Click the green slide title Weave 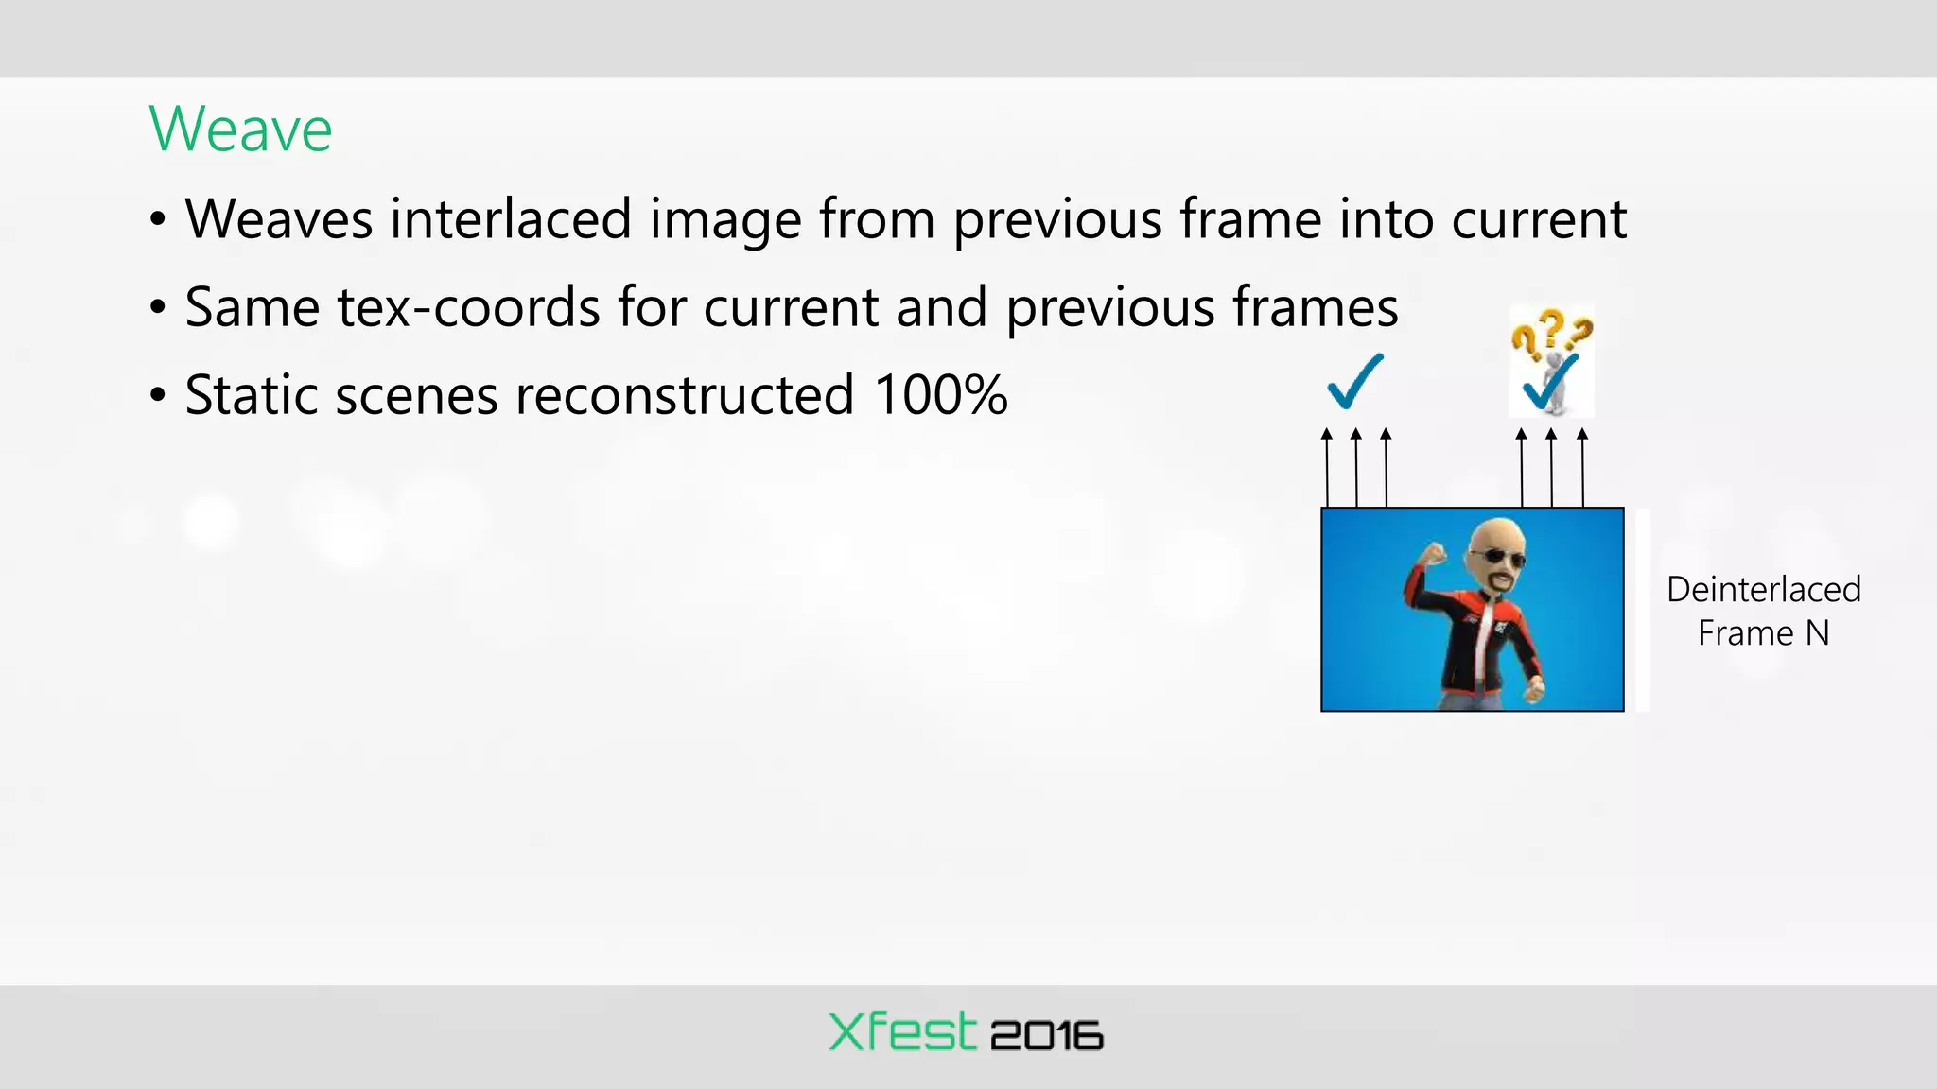(240, 130)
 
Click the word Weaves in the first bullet (279, 218)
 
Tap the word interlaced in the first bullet (511, 218)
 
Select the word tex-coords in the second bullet (468, 307)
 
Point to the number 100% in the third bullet (940, 394)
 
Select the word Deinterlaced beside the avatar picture (1763, 589)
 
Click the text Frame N (1763, 632)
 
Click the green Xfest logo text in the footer (901, 1032)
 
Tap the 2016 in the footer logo (1046, 1036)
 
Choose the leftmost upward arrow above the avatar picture (1327, 468)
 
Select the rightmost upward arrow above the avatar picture (1582, 468)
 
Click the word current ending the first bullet (1539, 218)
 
